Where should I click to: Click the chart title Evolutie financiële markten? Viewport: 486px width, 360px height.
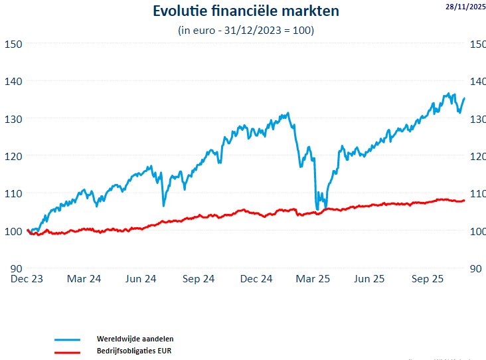[x=246, y=11]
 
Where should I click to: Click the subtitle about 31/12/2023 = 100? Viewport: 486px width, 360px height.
[x=246, y=31]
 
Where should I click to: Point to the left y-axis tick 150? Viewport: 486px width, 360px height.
[x=13, y=44]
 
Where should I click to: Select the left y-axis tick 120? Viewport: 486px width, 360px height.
[x=13, y=156]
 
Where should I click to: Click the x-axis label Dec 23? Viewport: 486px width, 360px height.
[x=27, y=279]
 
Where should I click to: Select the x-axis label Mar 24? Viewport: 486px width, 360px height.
[x=84, y=279]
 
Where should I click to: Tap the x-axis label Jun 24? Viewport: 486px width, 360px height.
[x=141, y=279]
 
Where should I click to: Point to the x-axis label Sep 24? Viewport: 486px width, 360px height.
[x=198, y=279]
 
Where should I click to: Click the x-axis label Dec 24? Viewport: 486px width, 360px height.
[x=256, y=279]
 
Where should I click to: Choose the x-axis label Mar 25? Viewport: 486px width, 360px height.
[x=312, y=279]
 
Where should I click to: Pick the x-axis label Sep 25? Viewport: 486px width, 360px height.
[x=428, y=279]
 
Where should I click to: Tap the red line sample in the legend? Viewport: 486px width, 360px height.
[x=64, y=351]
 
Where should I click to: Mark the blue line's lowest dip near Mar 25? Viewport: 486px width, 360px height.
[x=317, y=209]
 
